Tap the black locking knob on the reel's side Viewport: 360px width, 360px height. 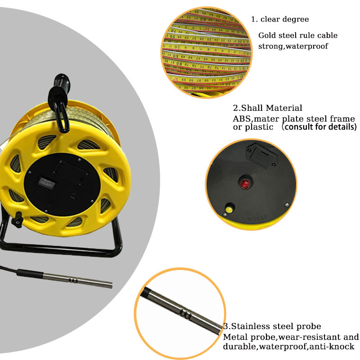tap(18, 220)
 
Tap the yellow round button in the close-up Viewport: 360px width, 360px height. tap(229, 209)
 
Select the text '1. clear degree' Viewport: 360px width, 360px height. tap(279, 19)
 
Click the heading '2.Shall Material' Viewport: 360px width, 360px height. tap(267, 108)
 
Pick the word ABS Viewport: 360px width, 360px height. tap(240, 119)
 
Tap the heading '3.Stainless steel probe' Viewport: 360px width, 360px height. tap(272, 326)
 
